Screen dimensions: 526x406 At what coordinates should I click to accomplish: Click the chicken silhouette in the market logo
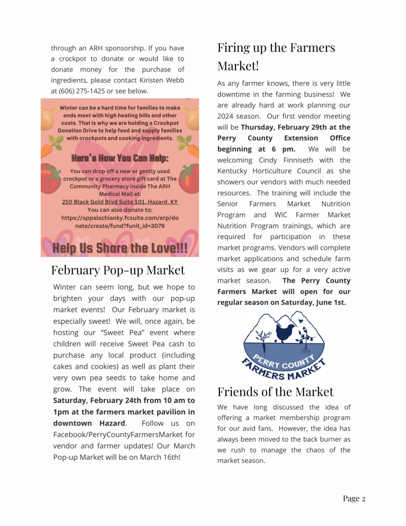pos(285,332)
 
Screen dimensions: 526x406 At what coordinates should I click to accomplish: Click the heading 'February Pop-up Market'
pos(118,270)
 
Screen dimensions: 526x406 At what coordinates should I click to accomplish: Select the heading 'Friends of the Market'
pos(275,392)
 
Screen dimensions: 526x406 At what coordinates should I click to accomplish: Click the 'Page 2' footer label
pos(354,498)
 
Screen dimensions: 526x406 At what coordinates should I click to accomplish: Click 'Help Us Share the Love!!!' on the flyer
pos(120,249)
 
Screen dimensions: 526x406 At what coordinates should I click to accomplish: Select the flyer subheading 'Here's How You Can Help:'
pos(120,158)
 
